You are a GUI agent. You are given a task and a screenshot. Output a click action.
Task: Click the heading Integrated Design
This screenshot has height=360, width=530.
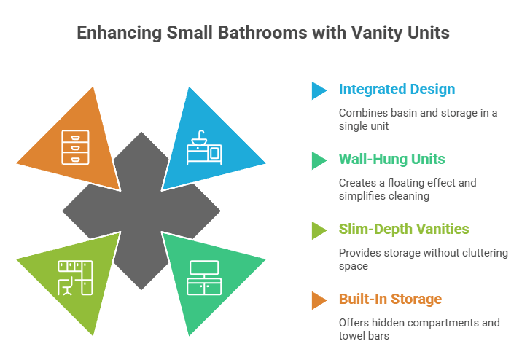tap(397, 90)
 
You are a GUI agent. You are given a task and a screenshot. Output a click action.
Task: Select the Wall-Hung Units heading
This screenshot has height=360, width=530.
tap(393, 159)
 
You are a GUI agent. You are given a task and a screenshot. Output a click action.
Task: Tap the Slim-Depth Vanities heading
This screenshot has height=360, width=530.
tap(404, 229)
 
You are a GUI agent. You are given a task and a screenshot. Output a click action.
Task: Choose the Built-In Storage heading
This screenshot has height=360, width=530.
tap(390, 299)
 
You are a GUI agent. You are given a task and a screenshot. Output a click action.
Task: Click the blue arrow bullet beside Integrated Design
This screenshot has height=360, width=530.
tap(319, 90)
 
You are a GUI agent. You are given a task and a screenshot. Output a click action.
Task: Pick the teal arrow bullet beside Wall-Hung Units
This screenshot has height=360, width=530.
tap(319, 160)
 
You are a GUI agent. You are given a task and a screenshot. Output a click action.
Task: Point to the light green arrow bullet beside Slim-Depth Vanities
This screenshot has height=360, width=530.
tap(319, 230)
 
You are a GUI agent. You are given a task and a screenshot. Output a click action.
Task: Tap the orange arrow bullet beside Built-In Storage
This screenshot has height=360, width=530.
tap(319, 300)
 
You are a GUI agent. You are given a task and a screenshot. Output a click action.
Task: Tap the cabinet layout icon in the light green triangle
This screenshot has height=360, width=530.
tap(76, 278)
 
